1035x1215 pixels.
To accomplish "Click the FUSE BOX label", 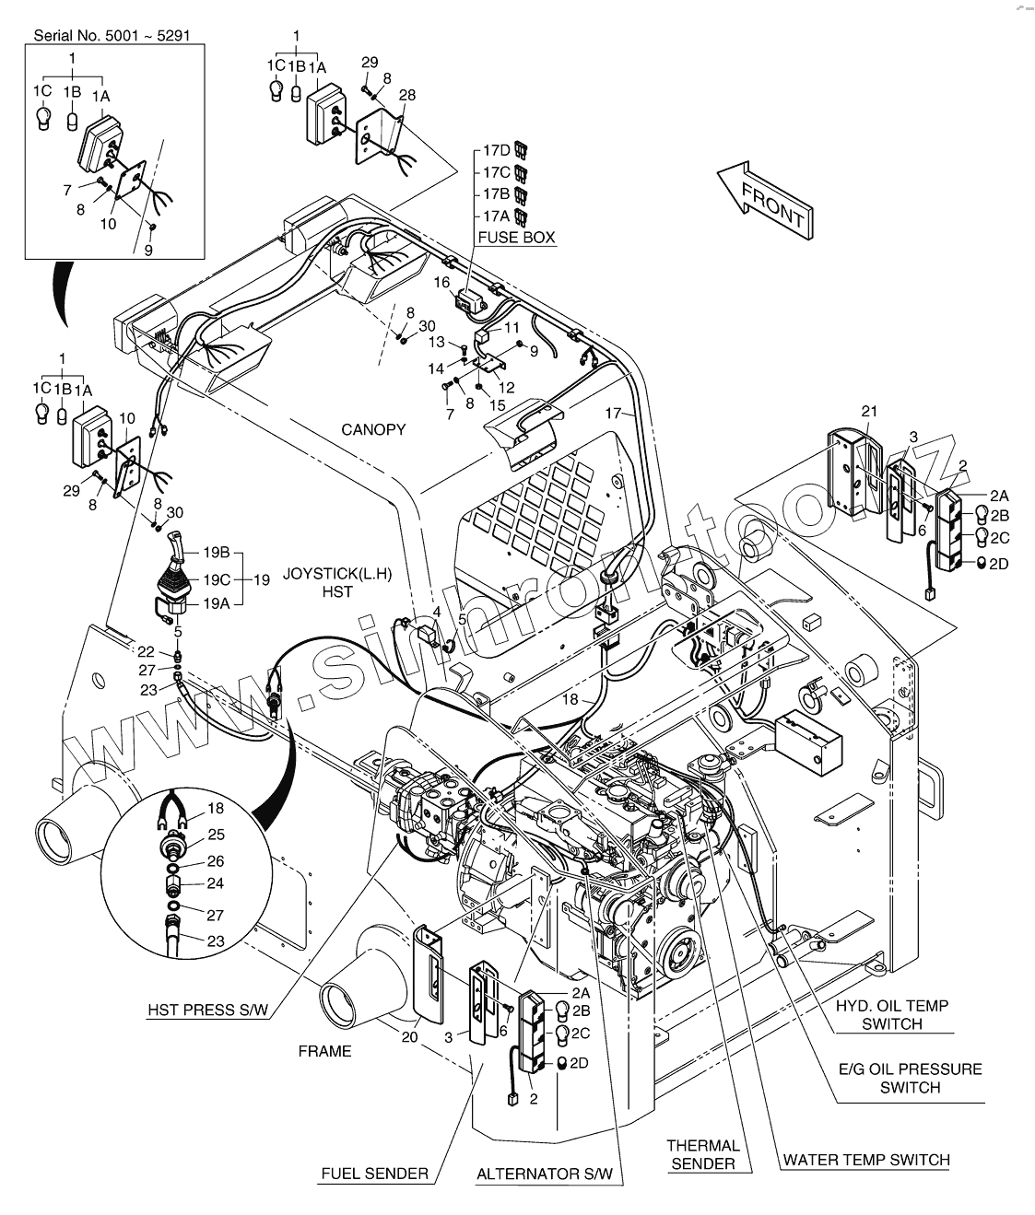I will (x=516, y=238).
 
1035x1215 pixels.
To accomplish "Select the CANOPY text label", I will (x=373, y=430).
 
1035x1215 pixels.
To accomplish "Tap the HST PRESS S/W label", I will (x=208, y=1010).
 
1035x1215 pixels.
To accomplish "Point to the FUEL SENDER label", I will (x=374, y=1174).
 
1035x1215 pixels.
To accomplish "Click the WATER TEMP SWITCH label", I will (x=865, y=1160).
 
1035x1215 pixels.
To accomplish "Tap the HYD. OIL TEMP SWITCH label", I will (x=892, y=1015).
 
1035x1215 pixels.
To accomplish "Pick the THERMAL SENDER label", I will (x=703, y=1154).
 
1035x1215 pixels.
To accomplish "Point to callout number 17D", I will (x=497, y=149).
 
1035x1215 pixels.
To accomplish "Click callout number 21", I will (x=869, y=411).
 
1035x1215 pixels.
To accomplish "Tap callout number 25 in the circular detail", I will (x=216, y=835).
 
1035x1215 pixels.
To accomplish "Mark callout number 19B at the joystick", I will (x=217, y=553).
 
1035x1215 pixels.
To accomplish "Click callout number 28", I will (x=406, y=95).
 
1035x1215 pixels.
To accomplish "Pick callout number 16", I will (x=441, y=282).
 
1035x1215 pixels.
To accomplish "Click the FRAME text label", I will (x=325, y=1051).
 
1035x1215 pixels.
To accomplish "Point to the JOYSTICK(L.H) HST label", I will (x=338, y=582).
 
